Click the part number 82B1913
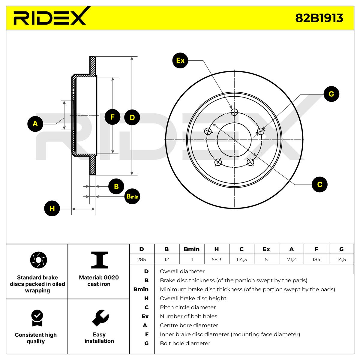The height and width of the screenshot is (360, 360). pos(319,18)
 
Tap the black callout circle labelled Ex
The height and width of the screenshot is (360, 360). pos(180,60)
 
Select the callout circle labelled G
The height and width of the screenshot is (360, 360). pos(331,94)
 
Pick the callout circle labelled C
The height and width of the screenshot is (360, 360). pos(319,184)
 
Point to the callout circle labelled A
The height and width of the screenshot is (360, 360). pos(35,124)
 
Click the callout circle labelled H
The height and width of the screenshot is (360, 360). pos(52,208)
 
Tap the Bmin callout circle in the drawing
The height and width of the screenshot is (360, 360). pos(132,196)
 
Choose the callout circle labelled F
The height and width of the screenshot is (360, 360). pos(112,117)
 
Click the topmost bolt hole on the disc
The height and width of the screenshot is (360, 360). pos(234,112)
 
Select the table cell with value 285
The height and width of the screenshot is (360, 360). pos(142,259)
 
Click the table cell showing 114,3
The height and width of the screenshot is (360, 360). pos(241,259)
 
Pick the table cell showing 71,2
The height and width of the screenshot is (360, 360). pos(291,259)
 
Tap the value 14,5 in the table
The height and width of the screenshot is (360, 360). pos(341,259)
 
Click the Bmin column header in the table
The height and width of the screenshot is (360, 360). pos(192,249)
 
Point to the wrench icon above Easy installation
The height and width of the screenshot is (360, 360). pos(100,318)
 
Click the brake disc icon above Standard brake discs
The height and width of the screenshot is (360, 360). pos(38,260)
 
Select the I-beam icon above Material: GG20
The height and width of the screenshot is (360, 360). pos(100,260)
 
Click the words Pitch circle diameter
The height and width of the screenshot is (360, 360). pos(187,307)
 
